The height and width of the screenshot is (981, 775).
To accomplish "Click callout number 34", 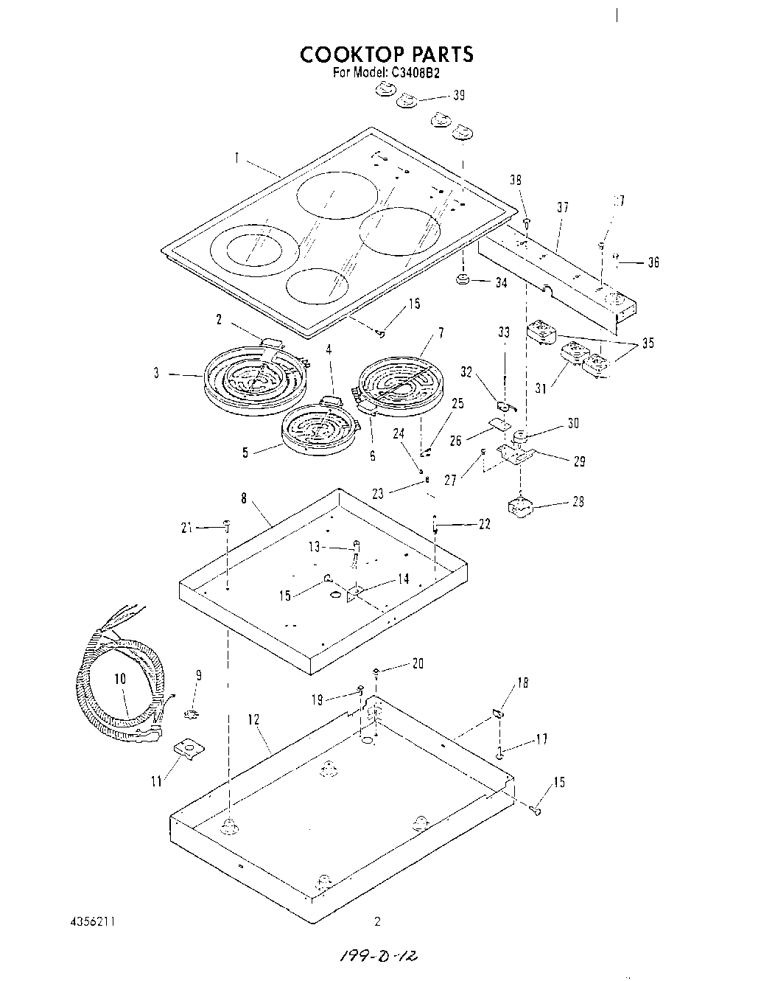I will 500,282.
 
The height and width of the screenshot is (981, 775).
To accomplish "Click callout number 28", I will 578,502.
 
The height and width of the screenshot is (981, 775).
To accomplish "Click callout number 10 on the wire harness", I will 120,679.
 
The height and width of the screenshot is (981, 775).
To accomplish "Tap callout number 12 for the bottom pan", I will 254,719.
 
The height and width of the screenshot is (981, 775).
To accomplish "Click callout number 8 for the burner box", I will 243,498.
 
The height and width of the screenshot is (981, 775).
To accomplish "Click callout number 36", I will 653,262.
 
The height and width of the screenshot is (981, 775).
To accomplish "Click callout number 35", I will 647,343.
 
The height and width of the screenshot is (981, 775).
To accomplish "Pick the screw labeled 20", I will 377,671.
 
